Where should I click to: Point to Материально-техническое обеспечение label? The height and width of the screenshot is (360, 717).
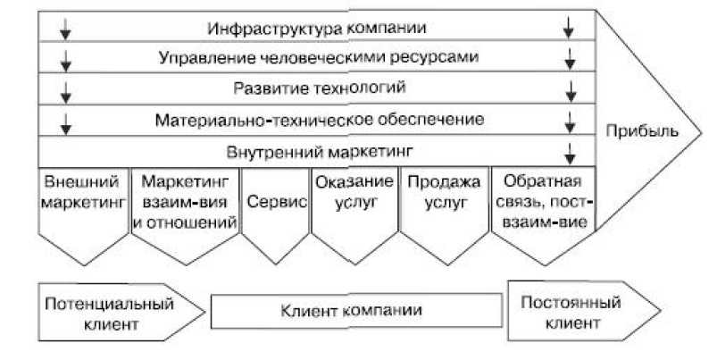point(319,118)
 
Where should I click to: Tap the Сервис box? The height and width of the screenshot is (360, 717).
point(274,202)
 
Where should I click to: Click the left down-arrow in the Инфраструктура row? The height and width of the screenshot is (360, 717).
point(65,29)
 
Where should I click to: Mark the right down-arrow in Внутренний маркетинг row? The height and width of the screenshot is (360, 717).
point(569,148)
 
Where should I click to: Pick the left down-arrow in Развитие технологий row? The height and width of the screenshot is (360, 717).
point(65,90)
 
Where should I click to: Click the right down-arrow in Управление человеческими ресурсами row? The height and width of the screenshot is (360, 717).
point(569,60)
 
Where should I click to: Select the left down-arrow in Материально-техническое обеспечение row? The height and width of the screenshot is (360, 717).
point(65,121)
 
